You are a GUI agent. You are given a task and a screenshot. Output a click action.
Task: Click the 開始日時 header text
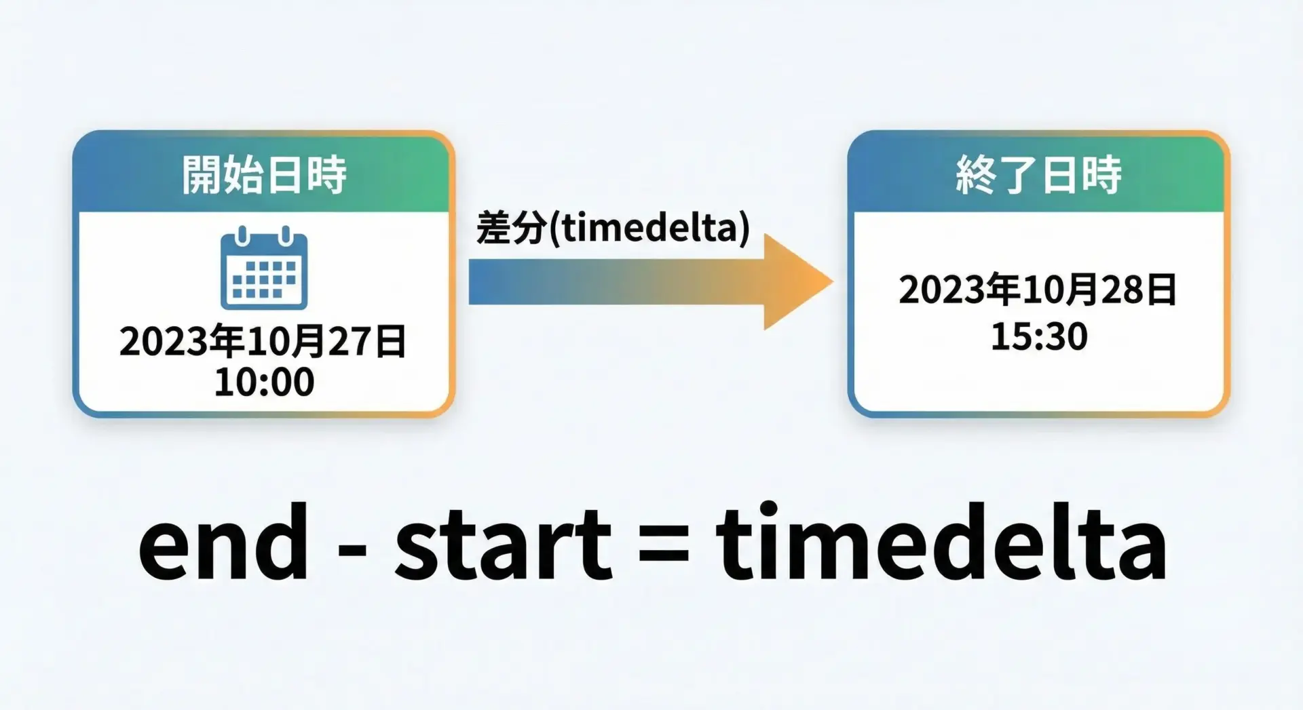264,175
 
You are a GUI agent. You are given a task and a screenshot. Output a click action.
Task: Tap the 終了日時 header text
1038,175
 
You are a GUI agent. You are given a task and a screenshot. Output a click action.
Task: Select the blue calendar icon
264,268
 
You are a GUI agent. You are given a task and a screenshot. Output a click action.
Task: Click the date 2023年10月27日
263,340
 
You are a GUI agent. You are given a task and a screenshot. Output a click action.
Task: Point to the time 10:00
264,382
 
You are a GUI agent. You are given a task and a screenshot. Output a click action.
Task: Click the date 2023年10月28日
1038,290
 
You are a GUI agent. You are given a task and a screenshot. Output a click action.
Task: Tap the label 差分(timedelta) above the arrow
613,227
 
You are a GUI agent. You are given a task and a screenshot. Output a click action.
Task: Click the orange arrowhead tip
832,281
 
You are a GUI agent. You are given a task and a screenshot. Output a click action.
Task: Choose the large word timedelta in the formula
941,541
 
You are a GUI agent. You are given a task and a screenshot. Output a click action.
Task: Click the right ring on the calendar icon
286,236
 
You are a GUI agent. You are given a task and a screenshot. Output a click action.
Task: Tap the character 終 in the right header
976,175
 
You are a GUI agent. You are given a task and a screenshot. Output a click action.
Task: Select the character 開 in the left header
202,175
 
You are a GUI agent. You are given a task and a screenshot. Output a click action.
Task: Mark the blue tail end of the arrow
470,281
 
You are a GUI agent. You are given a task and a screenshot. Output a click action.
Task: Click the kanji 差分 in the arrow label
511,227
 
